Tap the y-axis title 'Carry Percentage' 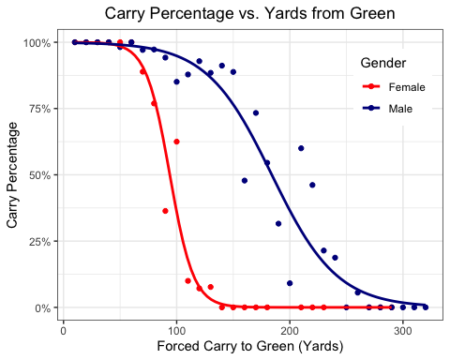[x=13, y=175]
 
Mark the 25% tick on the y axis [x=40, y=242]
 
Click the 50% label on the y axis [x=40, y=175]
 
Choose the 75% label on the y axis [x=40, y=109]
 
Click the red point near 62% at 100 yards [x=176, y=142]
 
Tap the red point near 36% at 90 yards [x=165, y=211]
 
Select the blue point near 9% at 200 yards [x=290, y=283]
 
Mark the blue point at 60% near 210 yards [x=301, y=148]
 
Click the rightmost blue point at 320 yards [x=426, y=307]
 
